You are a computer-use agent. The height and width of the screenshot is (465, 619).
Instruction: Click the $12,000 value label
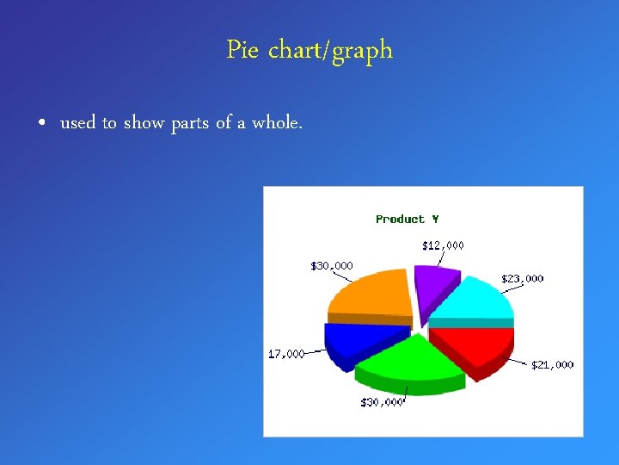[x=443, y=245]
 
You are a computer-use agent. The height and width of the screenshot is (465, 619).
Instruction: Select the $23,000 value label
[x=523, y=279]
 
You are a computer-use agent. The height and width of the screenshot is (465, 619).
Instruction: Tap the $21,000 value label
[x=552, y=365]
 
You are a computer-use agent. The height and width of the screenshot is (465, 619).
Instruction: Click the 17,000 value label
[x=286, y=354]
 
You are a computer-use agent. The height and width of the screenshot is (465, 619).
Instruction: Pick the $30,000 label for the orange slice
[x=331, y=265]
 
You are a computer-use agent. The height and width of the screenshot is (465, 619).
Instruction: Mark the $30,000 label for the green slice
[x=381, y=402]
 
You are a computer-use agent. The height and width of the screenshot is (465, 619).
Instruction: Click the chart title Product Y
[x=407, y=220]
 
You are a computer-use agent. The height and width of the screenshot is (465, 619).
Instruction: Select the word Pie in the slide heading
[x=243, y=51]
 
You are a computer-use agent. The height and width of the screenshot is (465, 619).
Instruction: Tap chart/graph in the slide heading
[x=331, y=51]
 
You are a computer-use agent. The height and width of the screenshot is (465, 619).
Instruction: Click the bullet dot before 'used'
[x=42, y=124]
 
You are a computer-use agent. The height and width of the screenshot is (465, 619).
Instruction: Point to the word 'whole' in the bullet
[x=276, y=123]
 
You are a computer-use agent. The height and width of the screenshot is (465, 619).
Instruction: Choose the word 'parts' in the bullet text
[x=189, y=124]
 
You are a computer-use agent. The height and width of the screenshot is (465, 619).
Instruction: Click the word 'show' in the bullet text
[x=144, y=123]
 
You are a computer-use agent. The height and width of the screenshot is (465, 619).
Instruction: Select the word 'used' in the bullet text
[x=77, y=123]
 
